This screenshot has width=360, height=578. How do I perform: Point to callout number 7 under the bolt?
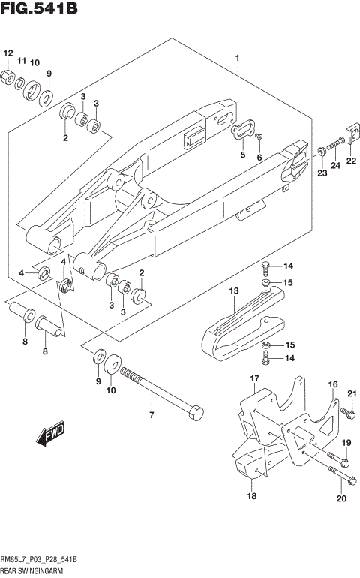click(151, 415)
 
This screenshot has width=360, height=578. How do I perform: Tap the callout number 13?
click(233, 291)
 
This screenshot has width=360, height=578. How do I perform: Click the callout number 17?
click(254, 378)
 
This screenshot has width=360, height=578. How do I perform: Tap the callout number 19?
click(346, 444)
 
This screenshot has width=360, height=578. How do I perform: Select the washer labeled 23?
click(321, 151)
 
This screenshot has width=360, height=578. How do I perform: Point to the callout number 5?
click(242, 155)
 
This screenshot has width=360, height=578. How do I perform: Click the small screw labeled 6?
click(258, 137)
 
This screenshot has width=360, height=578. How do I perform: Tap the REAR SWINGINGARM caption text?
click(31, 571)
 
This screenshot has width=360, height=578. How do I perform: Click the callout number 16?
click(333, 384)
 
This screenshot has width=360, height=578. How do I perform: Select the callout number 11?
click(22, 61)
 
